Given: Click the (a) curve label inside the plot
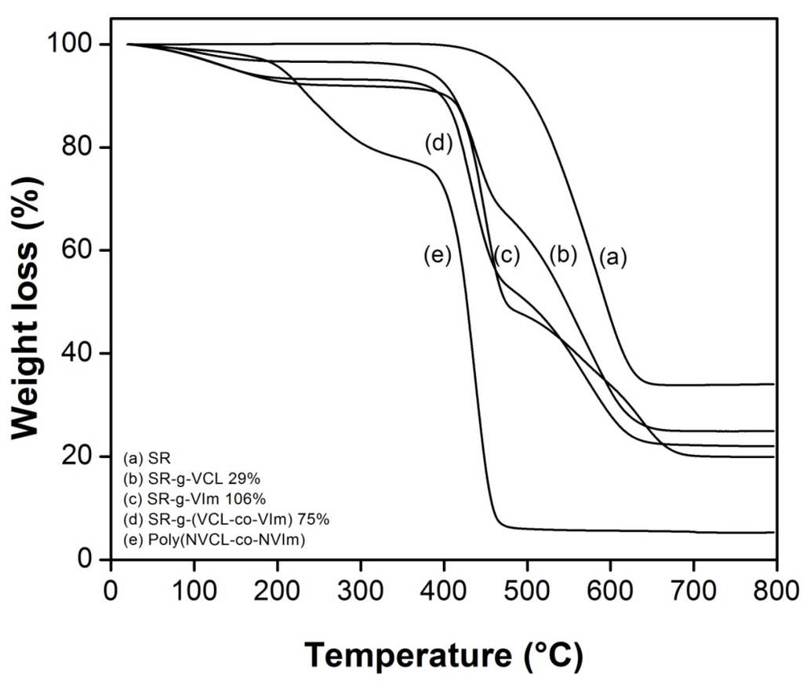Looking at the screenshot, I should click(x=614, y=257).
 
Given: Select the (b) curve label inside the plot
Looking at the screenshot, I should click(x=563, y=254).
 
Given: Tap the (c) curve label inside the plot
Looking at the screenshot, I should click(x=507, y=256).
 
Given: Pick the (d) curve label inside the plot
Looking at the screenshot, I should click(x=439, y=144).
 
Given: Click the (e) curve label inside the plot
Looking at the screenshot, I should click(x=437, y=256).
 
